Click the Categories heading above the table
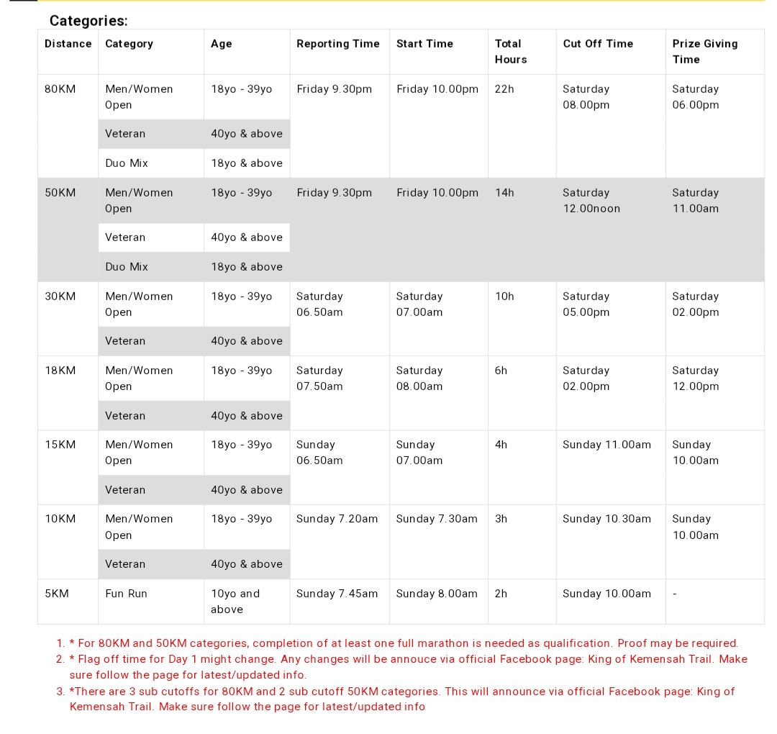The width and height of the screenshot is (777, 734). click(x=88, y=22)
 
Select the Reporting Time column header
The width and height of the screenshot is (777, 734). click(x=337, y=44)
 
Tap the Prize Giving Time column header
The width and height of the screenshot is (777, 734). click(x=704, y=51)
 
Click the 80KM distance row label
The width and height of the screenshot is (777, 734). click(x=60, y=89)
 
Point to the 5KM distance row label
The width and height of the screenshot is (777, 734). click(x=56, y=594)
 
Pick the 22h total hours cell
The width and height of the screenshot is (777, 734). click(x=504, y=89)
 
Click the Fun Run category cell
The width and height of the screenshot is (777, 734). click(x=126, y=594)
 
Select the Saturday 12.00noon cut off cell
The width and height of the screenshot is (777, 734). click(x=591, y=201)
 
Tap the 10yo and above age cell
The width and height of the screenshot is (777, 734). click(x=235, y=602)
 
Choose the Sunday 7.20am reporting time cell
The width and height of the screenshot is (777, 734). click(x=337, y=519)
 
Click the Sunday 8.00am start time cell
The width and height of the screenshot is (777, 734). click(x=437, y=594)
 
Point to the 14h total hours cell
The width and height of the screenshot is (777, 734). click(x=504, y=193)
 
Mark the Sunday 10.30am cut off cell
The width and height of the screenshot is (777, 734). click(x=606, y=519)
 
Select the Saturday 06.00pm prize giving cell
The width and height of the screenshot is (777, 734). click(x=695, y=97)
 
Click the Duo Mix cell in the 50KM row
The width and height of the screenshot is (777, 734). click(x=127, y=267)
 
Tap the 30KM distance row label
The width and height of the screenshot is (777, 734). click(x=60, y=296)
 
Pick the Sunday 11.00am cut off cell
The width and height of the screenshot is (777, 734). click(x=606, y=445)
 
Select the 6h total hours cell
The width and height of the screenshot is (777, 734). click(x=501, y=371)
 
